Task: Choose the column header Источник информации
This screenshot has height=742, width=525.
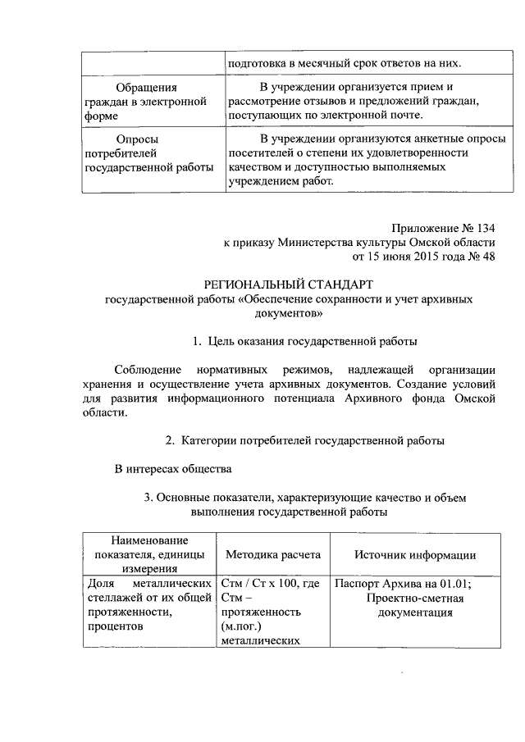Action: [x=415, y=554]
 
